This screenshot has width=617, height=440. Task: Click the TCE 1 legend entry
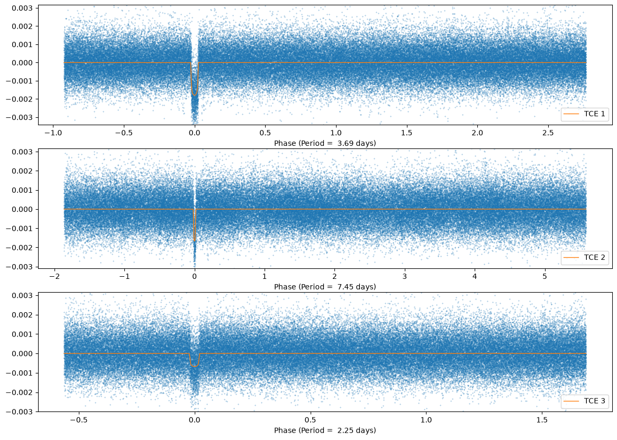(584, 114)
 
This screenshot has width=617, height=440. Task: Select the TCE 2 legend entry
(584, 257)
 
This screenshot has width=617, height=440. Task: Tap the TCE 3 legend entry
(584, 401)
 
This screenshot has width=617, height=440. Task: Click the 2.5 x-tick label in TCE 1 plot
(548, 133)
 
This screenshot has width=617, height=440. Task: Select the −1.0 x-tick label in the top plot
(53, 133)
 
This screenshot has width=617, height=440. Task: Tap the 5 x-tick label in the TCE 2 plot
(545, 276)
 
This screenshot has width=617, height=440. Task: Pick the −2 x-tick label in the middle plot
(55, 276)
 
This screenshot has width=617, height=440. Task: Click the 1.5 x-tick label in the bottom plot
(542, 419)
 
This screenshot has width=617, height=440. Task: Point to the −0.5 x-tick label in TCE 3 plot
(79, 419)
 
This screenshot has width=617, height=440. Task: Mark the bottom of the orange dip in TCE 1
(194, 95)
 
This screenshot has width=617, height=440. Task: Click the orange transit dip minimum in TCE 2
(194, 241)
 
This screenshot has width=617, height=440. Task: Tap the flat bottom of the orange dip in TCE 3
(194, 366)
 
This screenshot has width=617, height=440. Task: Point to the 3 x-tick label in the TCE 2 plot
(405, 276)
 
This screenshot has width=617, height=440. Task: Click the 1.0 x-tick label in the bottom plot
(426, 419)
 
